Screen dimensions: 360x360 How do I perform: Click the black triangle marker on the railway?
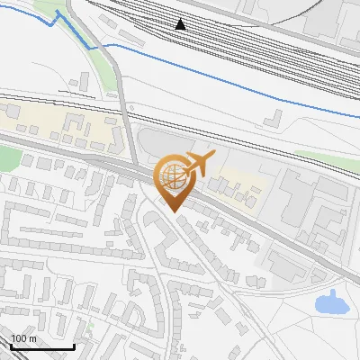click(x=181, y=24)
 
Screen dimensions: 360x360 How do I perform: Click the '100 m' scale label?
click(x=24, y=338)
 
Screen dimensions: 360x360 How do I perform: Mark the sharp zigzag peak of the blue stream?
click(x=59, y=13)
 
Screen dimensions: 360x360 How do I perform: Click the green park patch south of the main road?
click(x=7, y=160)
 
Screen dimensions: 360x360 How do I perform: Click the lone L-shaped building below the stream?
click(x=274, y=119)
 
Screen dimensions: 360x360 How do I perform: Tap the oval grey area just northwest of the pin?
click(x=157, y=143)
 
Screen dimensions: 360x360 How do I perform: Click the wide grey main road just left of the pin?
click(x=108, y=158)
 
